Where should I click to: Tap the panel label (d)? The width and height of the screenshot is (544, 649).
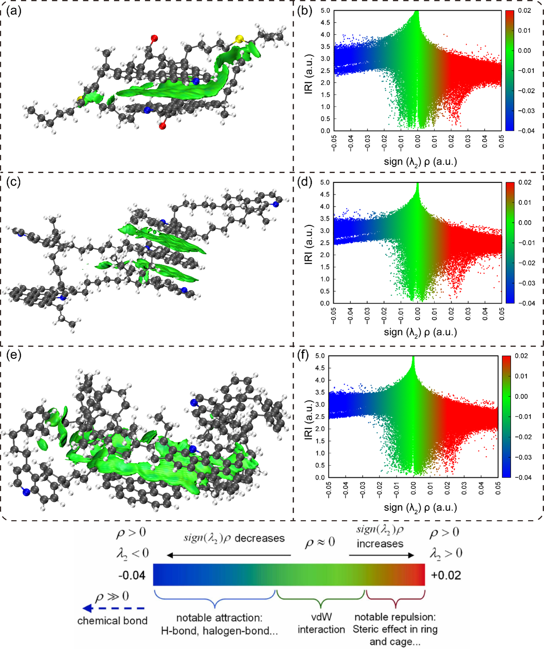[305, 182]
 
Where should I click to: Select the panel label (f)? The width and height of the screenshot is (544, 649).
[305, 356]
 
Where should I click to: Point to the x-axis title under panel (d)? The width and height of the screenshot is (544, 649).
[420, 332]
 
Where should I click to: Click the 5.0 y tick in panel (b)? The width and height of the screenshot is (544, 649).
[325, 11]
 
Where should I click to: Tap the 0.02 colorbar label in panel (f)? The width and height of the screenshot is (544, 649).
[521, 356]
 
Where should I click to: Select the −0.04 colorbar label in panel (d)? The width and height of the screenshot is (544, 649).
[525, 303]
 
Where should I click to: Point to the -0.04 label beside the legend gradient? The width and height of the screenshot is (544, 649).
[131, 575]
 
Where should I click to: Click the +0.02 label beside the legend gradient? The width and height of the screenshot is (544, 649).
[446, 575]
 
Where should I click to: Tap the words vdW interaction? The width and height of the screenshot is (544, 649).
[321, 623]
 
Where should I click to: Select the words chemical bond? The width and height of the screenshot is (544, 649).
[112, 621]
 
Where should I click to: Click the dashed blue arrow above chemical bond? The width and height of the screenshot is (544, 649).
[114, 608]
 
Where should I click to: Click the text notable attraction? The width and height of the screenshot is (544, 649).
[219, 618]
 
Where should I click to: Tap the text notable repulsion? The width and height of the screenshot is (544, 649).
[395, 617]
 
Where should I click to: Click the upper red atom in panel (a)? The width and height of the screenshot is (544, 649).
[154, 38]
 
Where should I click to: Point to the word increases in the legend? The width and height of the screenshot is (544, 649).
[380, 544]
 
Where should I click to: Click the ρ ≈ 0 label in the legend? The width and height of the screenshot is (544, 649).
[320, 543]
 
